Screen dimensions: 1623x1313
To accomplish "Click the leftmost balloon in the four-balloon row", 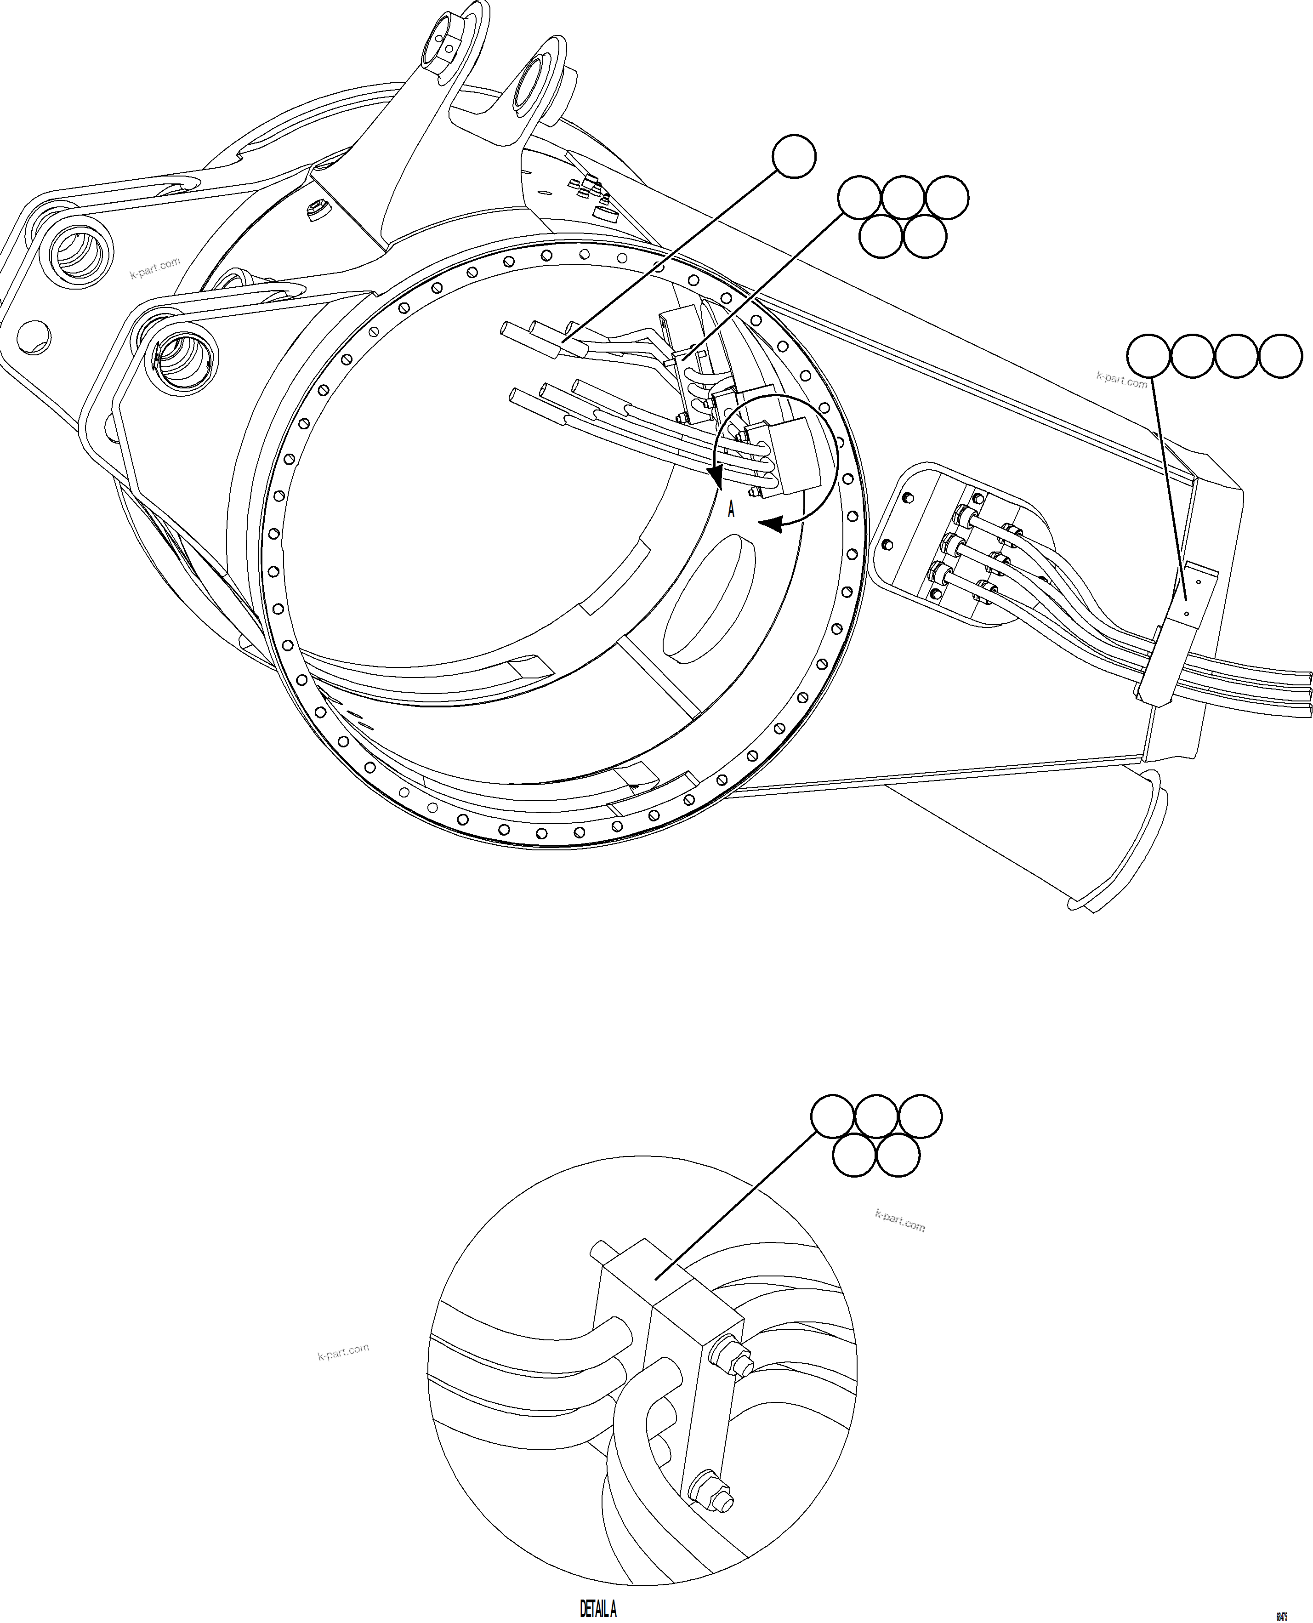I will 1148,355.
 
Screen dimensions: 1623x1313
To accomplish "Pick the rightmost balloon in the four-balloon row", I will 1280,355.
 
